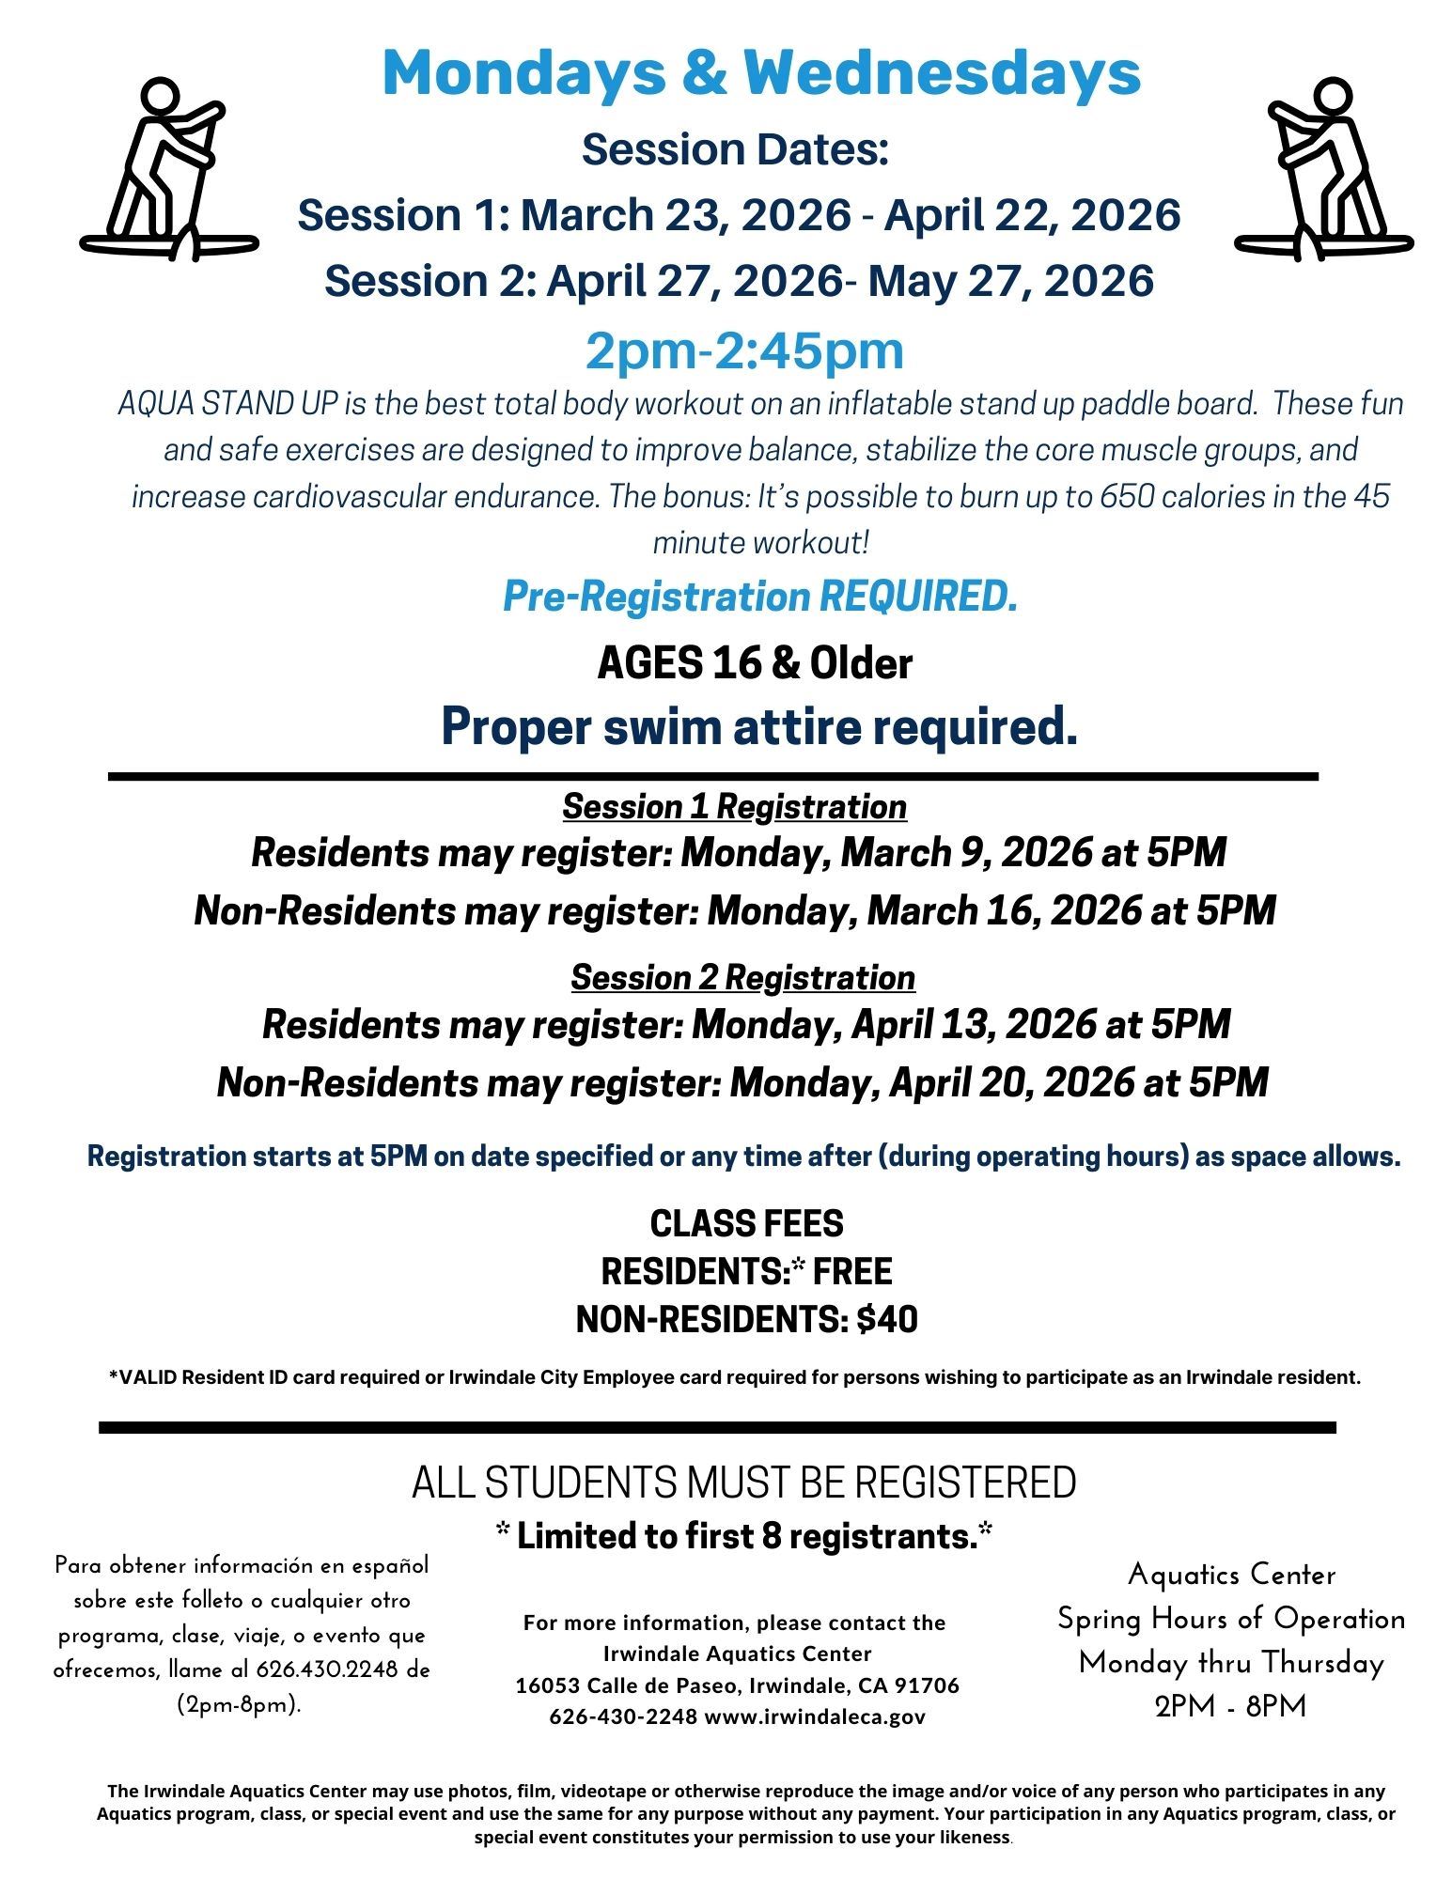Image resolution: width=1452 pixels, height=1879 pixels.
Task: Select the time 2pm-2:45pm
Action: (744, 349)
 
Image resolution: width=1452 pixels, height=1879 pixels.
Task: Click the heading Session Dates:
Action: (735, 149)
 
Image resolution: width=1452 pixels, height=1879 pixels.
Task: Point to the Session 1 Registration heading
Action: (734, 806)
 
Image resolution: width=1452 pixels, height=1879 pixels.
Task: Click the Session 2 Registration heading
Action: (742, 977)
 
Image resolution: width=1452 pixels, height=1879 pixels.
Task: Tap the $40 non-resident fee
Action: (887, 1320)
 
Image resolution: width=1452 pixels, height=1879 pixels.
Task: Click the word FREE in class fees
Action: (852, 1271)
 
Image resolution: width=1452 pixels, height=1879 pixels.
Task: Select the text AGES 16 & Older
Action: (755, 664)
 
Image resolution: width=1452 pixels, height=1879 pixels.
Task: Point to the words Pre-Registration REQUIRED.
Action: (759, 596)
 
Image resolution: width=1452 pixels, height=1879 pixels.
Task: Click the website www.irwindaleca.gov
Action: (814, 1717)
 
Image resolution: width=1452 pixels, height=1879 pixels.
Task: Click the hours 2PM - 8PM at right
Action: (1230, 1706)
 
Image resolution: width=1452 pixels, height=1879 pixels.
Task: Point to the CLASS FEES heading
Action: (746, 1223)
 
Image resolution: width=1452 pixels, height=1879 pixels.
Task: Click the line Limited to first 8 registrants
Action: (744, 1537)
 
